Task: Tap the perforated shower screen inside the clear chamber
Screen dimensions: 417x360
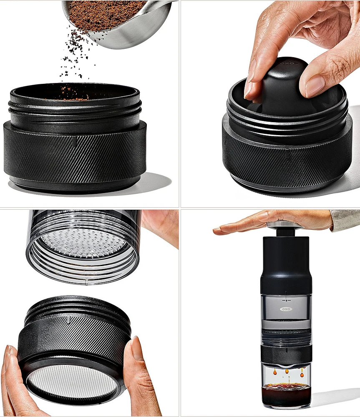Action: (83, 242)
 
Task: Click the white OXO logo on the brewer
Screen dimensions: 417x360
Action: (286, 309)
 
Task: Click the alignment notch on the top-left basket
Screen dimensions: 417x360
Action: (75, 142)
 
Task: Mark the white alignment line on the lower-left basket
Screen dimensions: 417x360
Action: (68, 319)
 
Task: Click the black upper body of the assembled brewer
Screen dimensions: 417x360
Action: (286, 263)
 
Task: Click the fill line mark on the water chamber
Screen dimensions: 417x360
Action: (286, 299)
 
